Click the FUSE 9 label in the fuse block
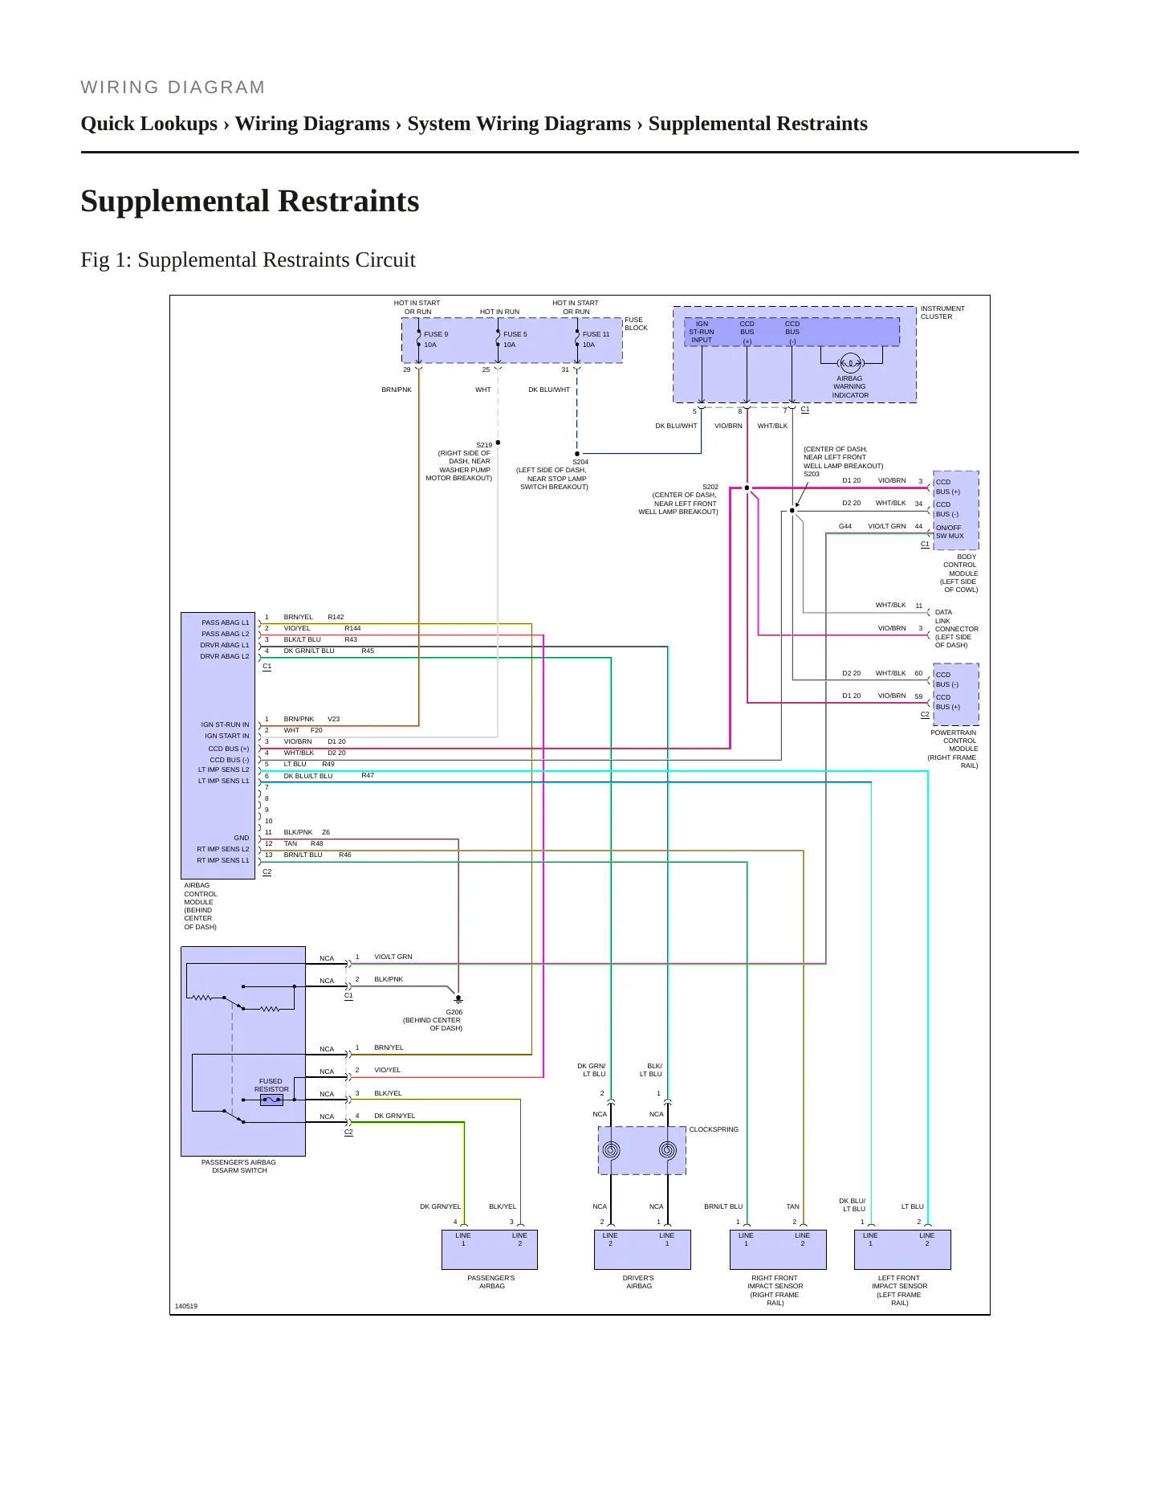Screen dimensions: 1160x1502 (x=436, y=334)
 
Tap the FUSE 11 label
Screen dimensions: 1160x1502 (x=596, y=334)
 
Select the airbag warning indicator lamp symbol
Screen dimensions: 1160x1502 (x=849, y=363)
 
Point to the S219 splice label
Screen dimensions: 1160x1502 (x=484, y=445)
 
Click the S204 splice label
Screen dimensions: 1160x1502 (x=580, y=462)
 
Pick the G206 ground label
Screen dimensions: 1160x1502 (x=454, y=1012)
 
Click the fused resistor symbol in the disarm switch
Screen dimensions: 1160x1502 (x=271, y=1100)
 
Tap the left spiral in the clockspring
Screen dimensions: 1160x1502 (x=611, y=1150)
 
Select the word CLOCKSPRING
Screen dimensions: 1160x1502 (x=714, y=1129)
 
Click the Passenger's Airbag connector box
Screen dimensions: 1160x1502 (x=490, y=1250)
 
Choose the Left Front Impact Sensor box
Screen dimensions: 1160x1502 (x=902, y=1250)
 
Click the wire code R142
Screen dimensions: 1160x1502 (x=336, y=617)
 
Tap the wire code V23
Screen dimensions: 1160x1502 (x=333, y=719)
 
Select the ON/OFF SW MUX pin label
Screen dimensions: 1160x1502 (x=950, y=532)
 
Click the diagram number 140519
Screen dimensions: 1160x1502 (x=186, y=1306)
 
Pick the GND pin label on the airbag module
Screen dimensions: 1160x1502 (x=242, y=838)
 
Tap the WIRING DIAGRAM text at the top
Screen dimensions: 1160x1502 (x=173, y=88)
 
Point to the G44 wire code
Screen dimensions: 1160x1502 (x=845, y=526)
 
